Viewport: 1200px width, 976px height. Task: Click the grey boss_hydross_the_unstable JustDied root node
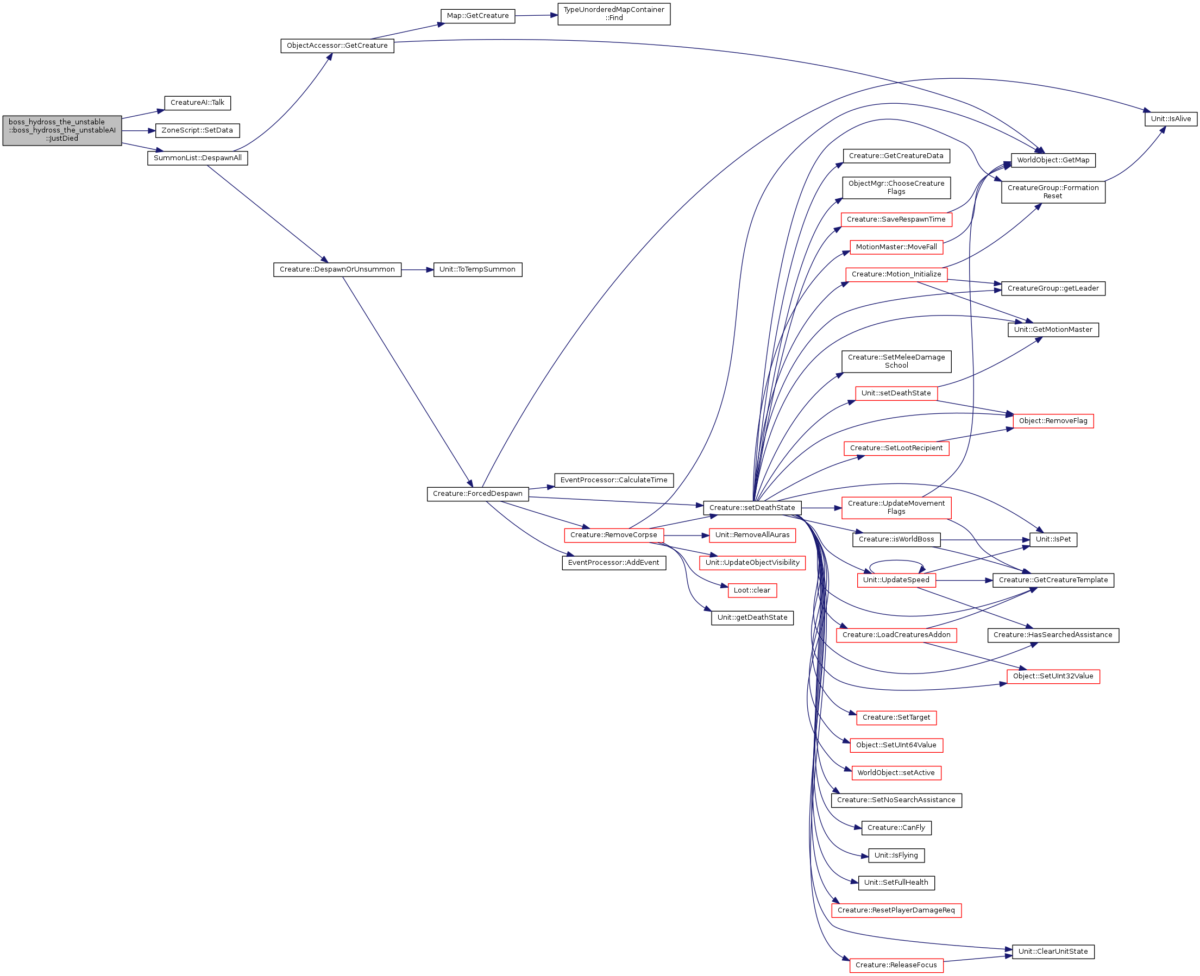62,130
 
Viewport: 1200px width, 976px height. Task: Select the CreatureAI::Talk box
197,103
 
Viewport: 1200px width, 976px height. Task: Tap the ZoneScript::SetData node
197,130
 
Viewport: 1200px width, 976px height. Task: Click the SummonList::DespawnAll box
197,158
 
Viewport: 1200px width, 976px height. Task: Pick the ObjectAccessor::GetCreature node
337,46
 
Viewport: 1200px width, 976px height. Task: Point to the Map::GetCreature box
478,16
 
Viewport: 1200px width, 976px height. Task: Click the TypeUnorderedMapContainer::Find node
614,14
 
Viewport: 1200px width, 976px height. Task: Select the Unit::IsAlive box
1171,119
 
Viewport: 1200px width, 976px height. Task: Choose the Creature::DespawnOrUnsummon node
337,269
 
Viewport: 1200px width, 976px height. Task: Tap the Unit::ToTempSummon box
478,269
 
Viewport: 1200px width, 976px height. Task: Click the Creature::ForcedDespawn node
478,494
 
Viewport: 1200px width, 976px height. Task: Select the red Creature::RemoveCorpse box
614,535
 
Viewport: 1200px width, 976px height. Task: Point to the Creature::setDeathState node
752,508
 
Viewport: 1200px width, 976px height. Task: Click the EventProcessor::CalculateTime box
614,480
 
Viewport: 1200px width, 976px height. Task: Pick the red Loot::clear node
752,590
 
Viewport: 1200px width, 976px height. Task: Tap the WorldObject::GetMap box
1053,160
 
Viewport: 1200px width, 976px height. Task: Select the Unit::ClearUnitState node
1053,952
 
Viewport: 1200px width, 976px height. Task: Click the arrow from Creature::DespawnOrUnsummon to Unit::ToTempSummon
417,270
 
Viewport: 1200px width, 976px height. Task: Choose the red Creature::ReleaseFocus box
896,965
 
